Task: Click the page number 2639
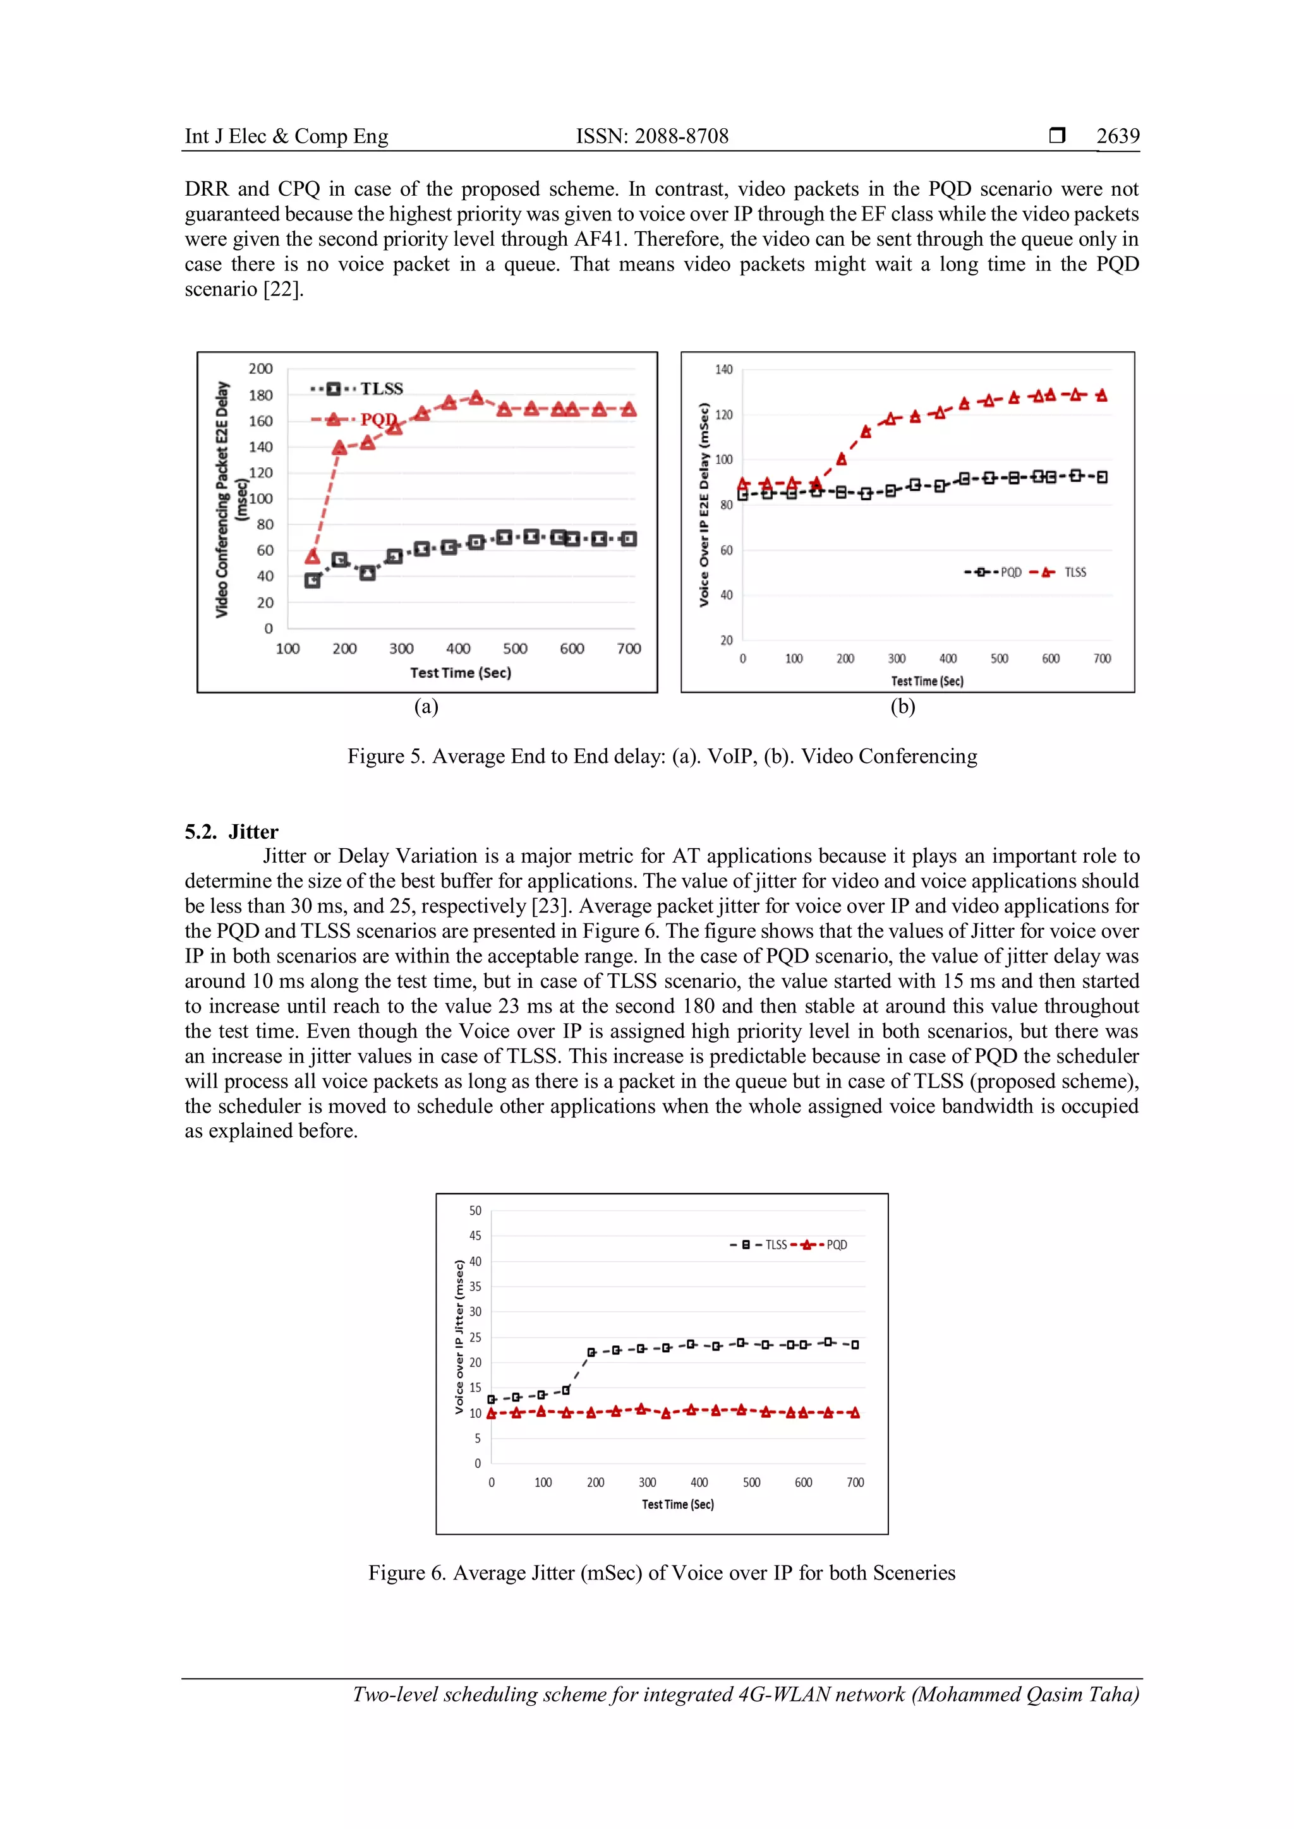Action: pos(1117,136)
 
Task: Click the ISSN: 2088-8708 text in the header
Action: pos(652,136)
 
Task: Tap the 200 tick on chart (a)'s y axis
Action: pos(260,369)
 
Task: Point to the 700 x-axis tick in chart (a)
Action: pos(629,649)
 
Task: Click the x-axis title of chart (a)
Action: pos(461,673)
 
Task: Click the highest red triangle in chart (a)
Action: pos(476,397)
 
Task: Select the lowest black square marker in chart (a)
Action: pos(312,581)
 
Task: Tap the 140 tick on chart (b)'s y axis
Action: pos(723,369)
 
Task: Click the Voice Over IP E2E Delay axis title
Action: pos(704,505)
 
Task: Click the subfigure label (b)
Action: pos(903,707)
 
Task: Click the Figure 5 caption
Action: pos(662,756)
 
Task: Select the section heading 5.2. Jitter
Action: pos(231,832)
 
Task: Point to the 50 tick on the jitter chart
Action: pos(475,1210)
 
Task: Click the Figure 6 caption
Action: pos(662,1573)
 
